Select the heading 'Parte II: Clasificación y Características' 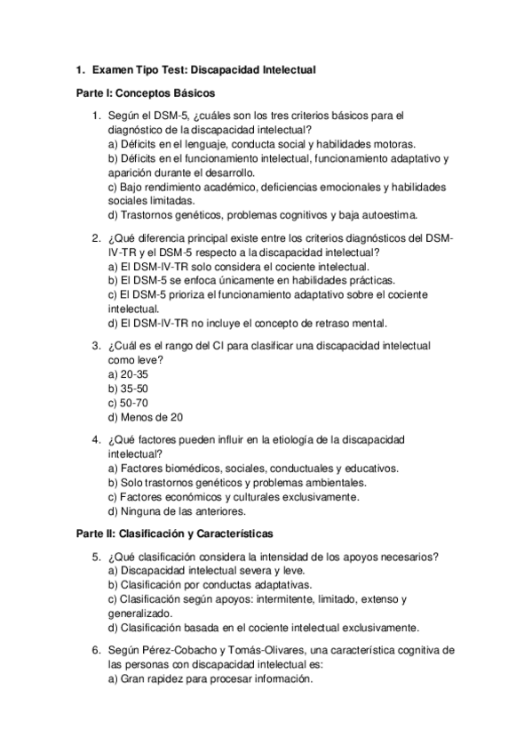[174, 533]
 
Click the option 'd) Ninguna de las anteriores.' [177, 511]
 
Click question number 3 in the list [96, 346]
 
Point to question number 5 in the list [96, 557]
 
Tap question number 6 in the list [96, 649]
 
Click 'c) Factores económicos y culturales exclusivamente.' [233, 497]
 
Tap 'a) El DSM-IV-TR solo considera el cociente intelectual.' [238, 266]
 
